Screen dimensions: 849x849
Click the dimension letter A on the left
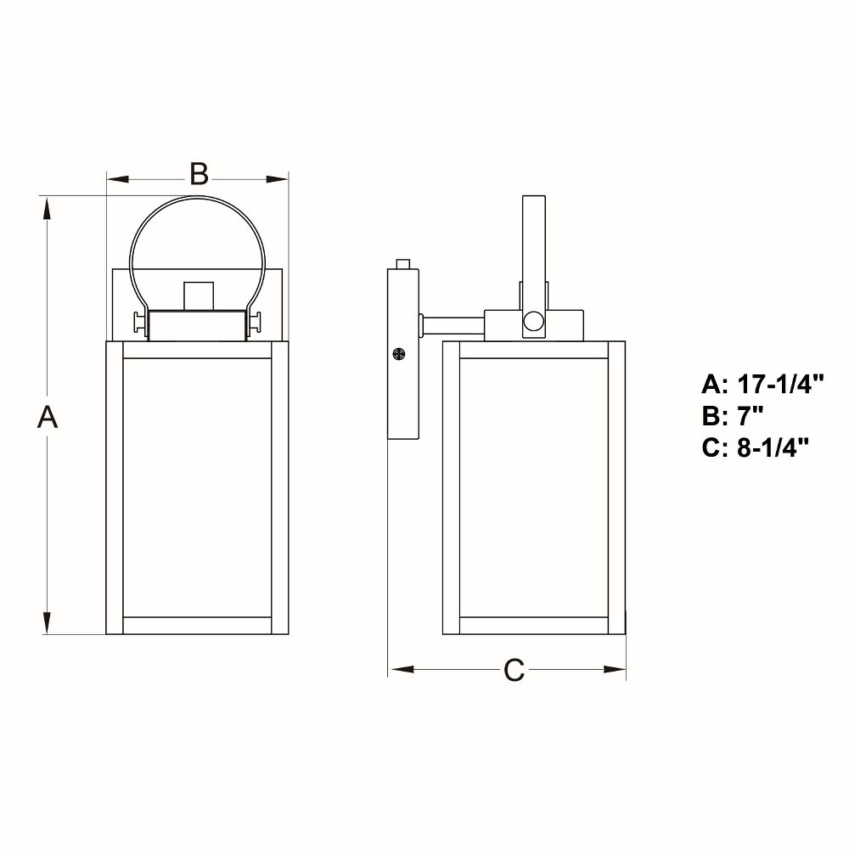click(48, 417)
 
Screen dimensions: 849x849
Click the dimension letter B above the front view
click(199, 174)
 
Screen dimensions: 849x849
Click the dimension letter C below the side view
click(514, 670)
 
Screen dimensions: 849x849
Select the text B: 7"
click(734, 416)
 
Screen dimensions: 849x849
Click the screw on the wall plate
click(399, 354)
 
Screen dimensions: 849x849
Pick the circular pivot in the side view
click(533, 322)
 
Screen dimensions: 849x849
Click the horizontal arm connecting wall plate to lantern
click(453, 325)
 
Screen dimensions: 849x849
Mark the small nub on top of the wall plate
click(404, 264)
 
